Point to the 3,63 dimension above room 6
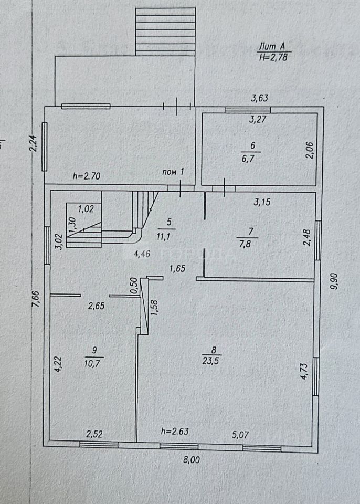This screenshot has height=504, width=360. pos(260,98)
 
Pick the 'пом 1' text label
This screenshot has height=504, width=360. pos(174,171)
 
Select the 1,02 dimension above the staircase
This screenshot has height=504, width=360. pos(85,208)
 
